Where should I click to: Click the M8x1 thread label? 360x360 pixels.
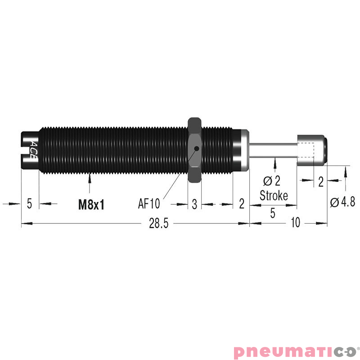91,204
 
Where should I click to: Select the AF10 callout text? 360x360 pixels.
149,203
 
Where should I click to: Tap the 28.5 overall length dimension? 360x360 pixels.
159,223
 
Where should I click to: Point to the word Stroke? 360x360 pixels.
274,196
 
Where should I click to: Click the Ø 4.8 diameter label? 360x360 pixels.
342,202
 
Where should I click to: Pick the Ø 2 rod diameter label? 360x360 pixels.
272,181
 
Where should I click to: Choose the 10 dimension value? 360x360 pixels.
296,222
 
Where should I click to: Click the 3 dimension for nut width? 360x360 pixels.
194,204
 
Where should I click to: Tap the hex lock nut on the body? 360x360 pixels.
195,150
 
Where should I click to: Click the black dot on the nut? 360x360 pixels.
197,148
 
